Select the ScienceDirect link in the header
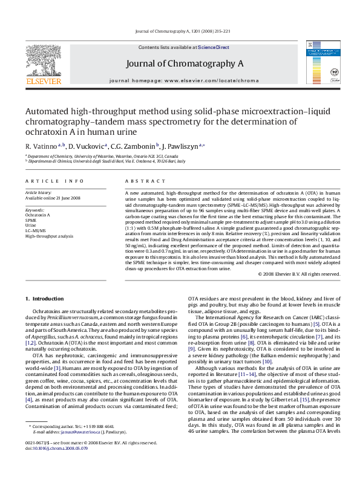[x=214, y=47]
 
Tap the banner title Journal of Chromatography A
[x=185, y=63]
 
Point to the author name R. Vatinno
[x=40, y=146]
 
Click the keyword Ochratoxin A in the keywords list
[x=38, y=215]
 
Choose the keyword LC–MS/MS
[x=36, y=231]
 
